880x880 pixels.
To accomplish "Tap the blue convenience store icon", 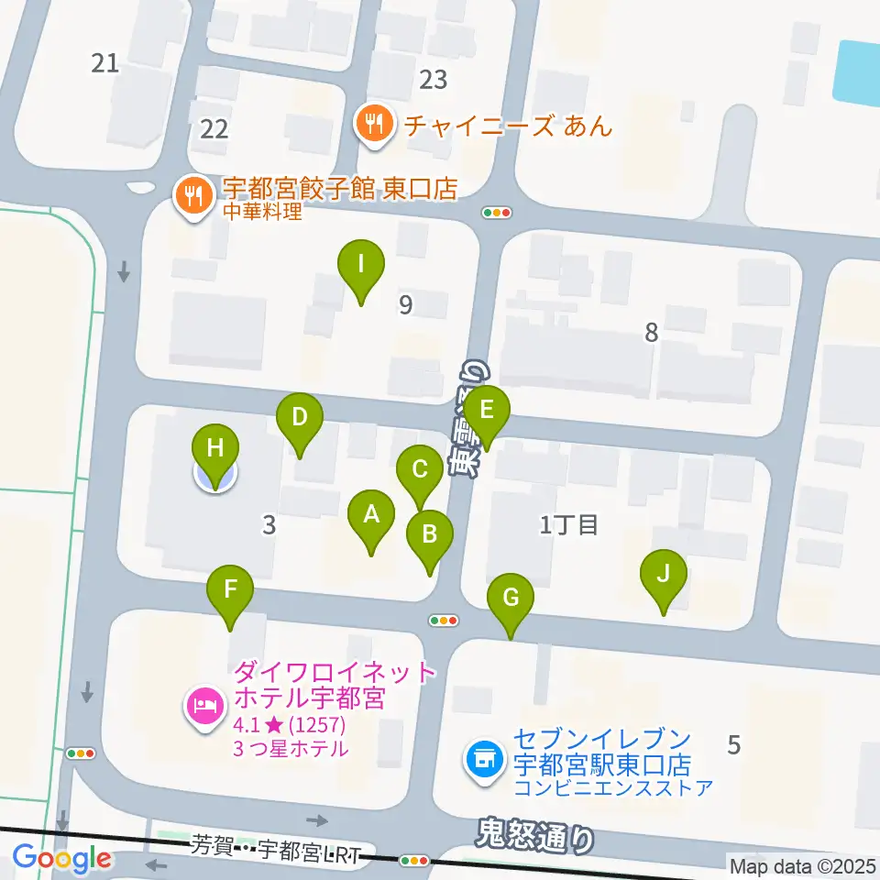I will click(483, 759).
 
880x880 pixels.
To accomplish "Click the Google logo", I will click(61, 859).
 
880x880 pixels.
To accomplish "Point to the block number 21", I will click(106, 63).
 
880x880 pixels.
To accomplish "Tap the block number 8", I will click(651, 333).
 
